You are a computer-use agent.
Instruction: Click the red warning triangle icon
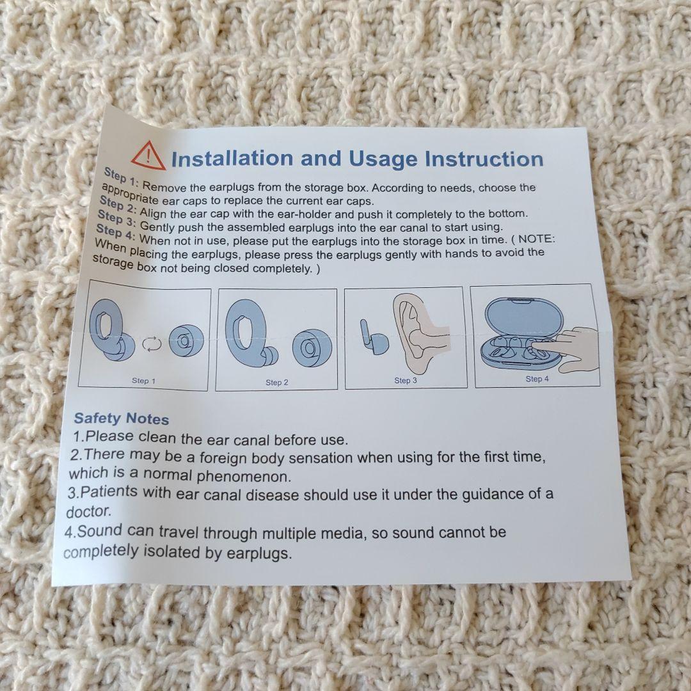(148, 156)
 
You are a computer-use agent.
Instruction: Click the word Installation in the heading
(232, 159)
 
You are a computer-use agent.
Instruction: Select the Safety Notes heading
(121, 418)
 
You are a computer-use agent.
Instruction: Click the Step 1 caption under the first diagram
(144, 381)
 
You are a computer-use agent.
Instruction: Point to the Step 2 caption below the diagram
(277, 383)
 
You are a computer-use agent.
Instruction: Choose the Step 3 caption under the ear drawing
(406, 380)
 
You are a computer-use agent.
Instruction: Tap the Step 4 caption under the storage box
(537, 379)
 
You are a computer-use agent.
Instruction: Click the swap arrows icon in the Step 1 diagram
(152, 344)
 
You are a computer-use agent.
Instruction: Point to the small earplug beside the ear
(373, 338)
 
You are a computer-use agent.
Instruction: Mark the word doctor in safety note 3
(88, 512)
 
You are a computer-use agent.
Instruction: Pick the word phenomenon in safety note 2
(244, 477)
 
